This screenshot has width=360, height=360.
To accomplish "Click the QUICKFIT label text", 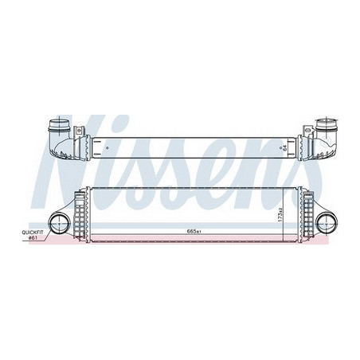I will tap(37, 232).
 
